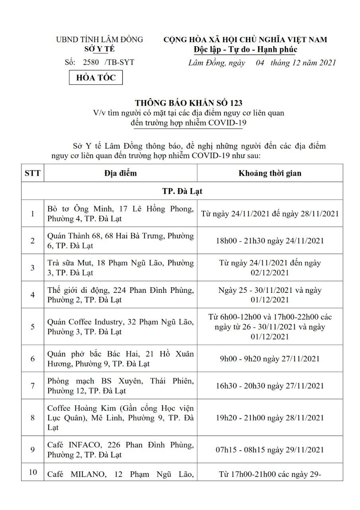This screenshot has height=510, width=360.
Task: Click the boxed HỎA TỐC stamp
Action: pos(96,77)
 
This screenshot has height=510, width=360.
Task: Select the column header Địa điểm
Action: pos(120,173)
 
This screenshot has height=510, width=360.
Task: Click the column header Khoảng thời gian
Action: pos(270,173)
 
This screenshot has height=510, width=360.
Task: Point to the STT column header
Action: pos(32,173)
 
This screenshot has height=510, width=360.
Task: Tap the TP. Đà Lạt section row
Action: pos(182,191)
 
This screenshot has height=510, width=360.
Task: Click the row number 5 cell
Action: pos(32,326)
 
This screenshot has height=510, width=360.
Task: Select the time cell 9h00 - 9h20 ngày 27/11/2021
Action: pos(270,359)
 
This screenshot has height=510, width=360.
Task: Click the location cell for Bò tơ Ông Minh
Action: pos(120,214)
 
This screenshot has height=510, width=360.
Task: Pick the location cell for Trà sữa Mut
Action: pos(120,268)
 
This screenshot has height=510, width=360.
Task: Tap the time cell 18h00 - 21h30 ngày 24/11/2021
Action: pos(270,241)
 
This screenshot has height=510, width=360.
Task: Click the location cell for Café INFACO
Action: pos(120,449)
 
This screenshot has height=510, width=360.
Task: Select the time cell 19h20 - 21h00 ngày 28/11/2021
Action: pos(270,418)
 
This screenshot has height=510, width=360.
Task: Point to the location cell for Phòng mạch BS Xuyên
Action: pos(120,386)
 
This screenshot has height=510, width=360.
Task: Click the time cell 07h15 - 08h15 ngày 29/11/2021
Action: pos(270,449)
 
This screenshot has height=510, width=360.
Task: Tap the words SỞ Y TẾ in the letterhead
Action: pos(99,49)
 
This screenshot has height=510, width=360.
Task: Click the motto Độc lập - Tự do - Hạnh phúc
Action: pos(245,49)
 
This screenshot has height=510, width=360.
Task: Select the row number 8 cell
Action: pos(32,418)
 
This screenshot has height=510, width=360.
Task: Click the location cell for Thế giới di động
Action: pos(120,295)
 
